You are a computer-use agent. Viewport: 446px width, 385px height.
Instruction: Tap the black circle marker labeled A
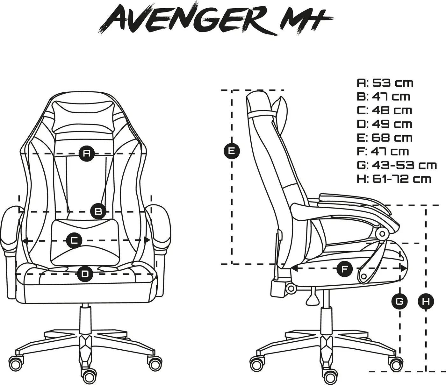tap(87, 153)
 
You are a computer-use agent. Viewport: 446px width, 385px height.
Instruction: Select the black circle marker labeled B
tap(98, 211)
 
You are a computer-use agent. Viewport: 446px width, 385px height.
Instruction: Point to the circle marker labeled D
tap(85, 274)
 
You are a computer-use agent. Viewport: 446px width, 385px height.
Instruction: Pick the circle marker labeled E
tap(232, 151)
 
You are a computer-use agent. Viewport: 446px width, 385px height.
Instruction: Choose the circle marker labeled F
tap(345, 268)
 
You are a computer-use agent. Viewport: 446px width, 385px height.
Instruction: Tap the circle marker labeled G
tap(399, 302)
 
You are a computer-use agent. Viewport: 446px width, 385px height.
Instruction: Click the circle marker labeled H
tap(426, 302)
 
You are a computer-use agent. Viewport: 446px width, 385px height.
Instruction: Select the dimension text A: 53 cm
tap(385, 83)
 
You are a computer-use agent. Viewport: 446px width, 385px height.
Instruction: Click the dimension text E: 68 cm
tap(385, 138)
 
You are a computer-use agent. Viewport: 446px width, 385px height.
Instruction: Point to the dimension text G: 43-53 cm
tap(397, 165)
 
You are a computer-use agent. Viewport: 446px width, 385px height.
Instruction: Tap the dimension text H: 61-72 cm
tap(394, 179)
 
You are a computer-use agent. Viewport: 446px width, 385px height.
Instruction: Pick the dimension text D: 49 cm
tap(385, 124)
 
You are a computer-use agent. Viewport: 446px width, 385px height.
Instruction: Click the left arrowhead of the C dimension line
tap(25, 240)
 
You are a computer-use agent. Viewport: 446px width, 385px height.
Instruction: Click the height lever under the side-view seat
tap(312, 296)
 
